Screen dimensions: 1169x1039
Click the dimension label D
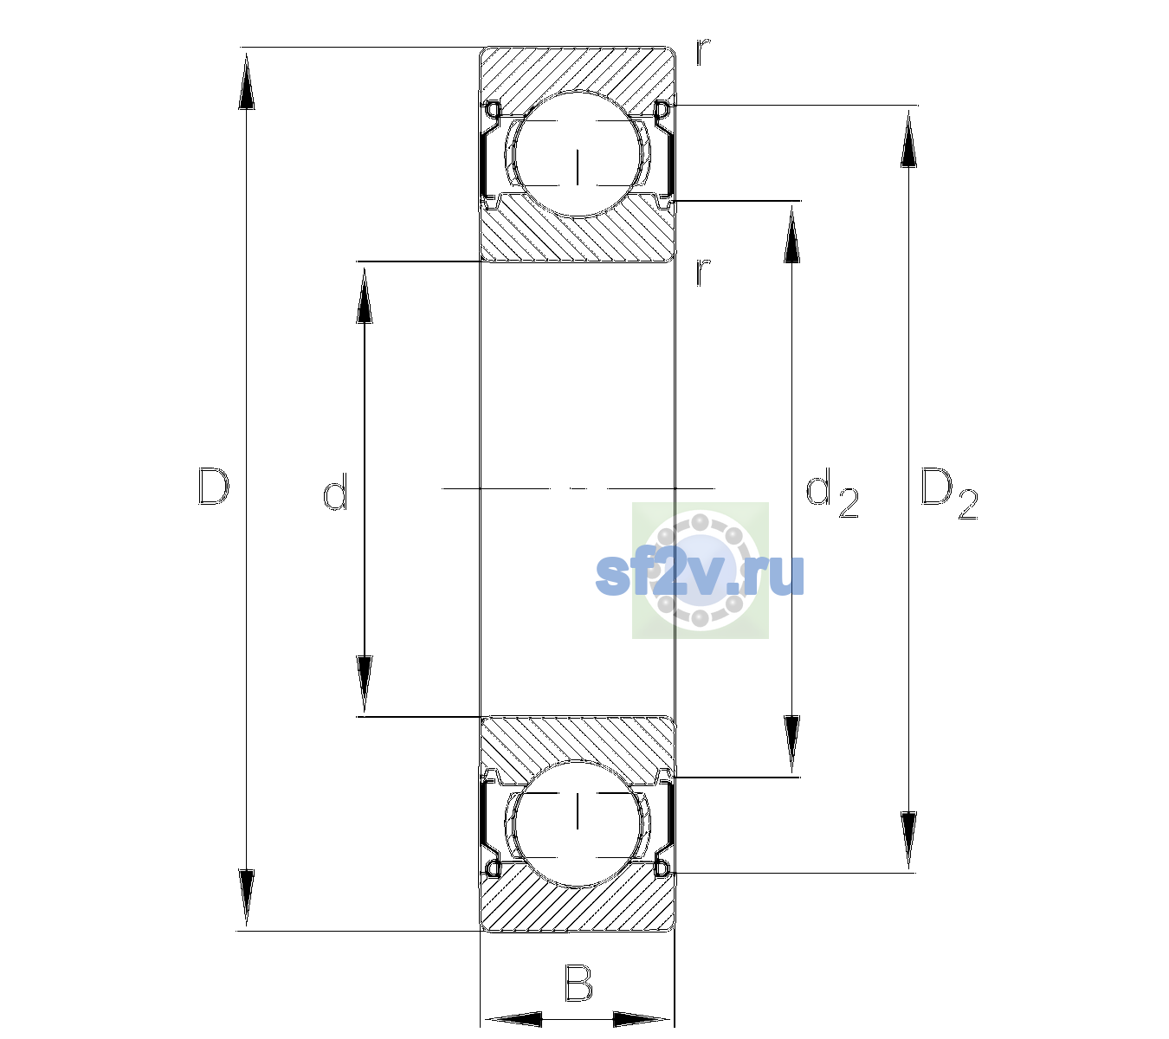tap(213, 487)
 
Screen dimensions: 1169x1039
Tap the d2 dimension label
tap(832, 494)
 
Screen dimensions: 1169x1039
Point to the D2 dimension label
tap(948, 494)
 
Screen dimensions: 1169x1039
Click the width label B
tap(578, 983)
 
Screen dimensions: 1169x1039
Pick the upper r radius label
tap(703, 51)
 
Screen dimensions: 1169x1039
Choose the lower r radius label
tap(703, 272)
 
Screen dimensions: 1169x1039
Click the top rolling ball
tap(578, 154)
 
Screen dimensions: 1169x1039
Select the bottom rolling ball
tap(578, 823)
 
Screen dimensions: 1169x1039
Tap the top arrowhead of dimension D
tap(247, 81)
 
